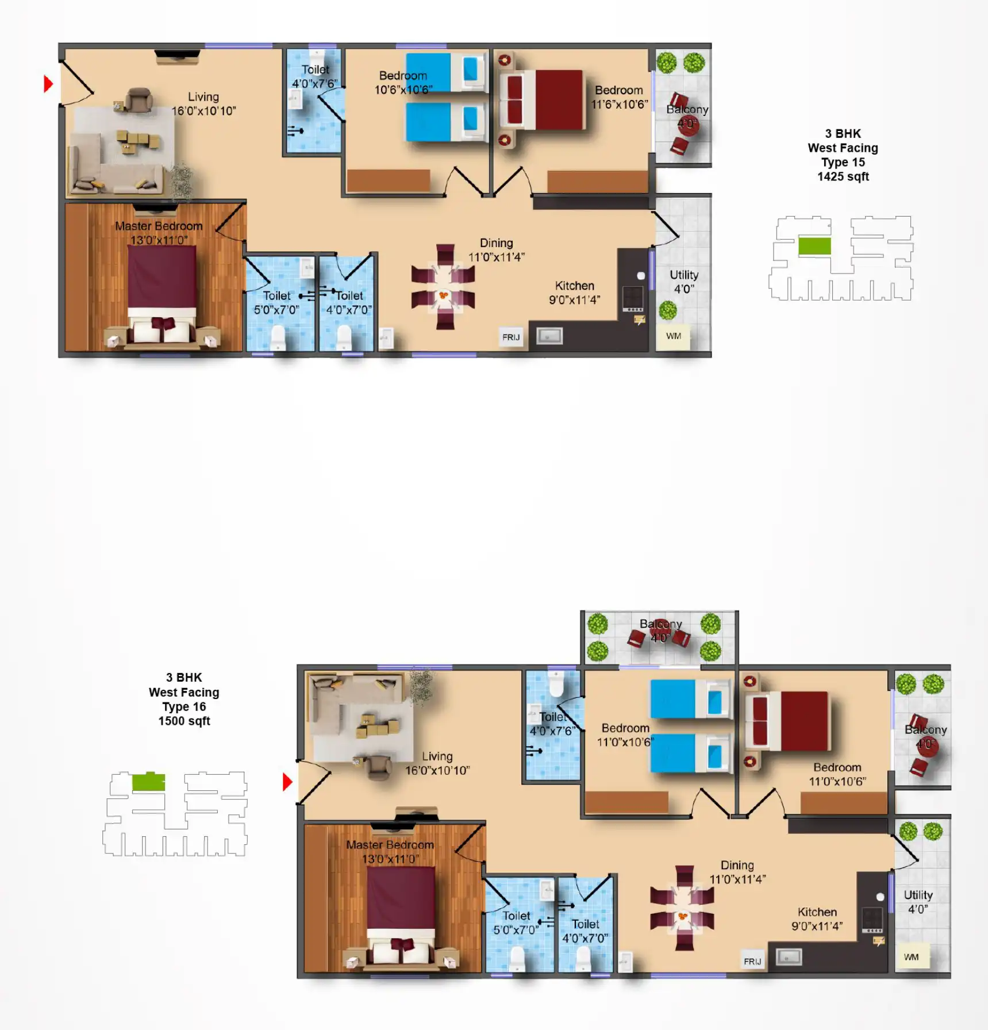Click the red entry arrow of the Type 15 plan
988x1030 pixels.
click(48, 84)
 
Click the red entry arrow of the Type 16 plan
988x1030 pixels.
click(287, 782)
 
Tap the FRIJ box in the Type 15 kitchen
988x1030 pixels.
click(510, 337)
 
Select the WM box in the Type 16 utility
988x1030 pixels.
click(911, 957)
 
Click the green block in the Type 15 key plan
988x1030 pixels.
click(814, 246)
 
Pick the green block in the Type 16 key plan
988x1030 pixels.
click(148, 782)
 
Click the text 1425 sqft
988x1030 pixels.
click(843, 176)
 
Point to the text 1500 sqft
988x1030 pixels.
click(184, 721)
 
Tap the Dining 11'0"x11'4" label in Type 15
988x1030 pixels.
click(496, 250)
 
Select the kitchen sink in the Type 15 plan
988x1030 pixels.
click(549, 336)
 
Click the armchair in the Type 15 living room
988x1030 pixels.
click(139, 100)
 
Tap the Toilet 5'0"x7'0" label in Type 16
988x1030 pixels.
click(516, 923)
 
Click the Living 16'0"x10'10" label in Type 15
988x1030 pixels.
click(203, 104)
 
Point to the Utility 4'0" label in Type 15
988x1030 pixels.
click(684, 282)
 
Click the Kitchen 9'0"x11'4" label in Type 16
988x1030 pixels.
click(817, 918)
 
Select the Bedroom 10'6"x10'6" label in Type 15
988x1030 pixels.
click(403, 83)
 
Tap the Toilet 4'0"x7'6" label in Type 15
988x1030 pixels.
click(315, 76)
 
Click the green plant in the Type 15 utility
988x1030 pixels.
click(667, 310)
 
